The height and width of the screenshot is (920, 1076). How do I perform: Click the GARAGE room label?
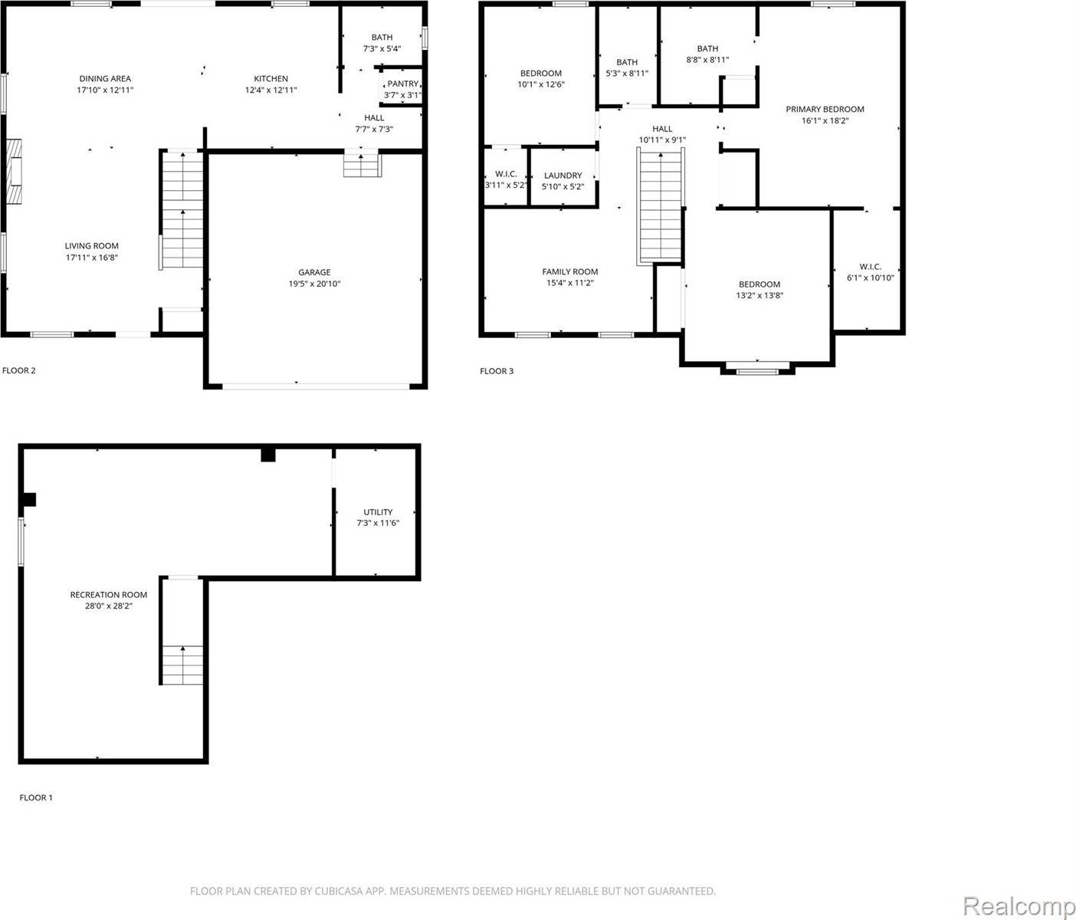coord(314,272)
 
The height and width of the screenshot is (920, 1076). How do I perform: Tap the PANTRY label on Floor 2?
coord(403,84)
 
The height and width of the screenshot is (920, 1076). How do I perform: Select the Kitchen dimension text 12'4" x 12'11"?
coord(271,90)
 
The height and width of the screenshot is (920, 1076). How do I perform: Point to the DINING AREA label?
coord(105,78)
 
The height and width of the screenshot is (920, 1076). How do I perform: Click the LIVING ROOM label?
coord(91,246)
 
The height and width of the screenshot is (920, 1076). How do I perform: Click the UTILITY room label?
coord(378,512)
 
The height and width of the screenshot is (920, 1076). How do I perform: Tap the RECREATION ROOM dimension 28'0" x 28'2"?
coord(108,606)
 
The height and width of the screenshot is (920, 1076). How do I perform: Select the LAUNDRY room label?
coord(563,176)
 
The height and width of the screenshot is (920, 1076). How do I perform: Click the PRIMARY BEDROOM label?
coord(825,109)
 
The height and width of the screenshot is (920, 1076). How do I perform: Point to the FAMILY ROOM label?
coord(569,271)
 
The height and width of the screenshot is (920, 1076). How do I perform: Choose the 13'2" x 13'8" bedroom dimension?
coord(759,296)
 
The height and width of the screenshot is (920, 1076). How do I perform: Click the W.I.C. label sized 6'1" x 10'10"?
coord(870,267)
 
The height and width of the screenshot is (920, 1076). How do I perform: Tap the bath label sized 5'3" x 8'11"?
coord(626,62)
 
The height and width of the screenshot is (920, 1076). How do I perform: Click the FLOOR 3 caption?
coord(497,371)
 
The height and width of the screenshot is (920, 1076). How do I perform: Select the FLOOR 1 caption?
coord(36,798)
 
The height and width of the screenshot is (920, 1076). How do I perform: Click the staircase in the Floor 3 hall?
coord(660,205)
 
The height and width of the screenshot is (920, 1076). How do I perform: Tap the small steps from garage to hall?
coord(362,166)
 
